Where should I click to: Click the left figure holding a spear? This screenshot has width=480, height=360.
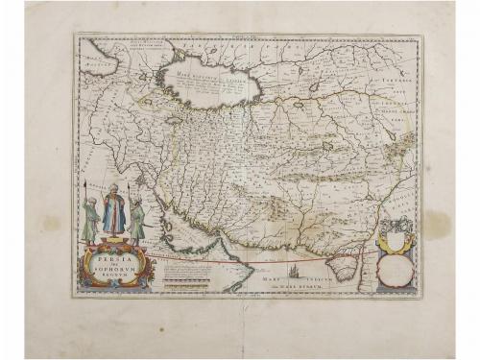pyautogui.click(x=89, y=220)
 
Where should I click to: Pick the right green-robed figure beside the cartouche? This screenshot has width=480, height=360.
pyautogui.click(x=137, y=219)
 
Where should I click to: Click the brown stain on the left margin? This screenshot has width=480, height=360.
pyautogui.click(x=49, y=223)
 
